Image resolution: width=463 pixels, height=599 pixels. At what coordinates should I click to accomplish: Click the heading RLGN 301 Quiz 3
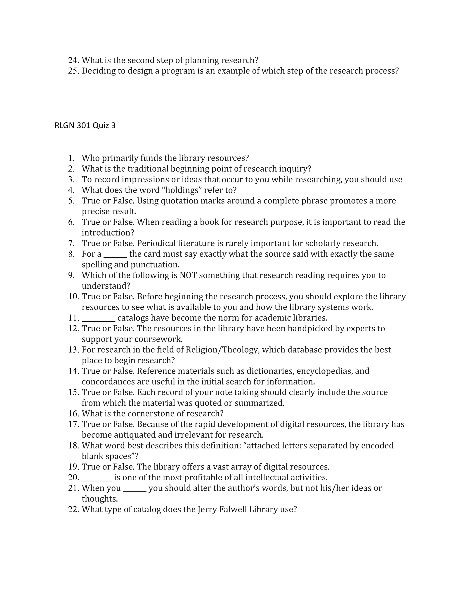click(x=85, y=126)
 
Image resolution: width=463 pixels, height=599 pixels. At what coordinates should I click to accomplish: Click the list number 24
click(x=73, y=60)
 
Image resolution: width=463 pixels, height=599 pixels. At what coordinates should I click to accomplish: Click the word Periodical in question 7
click(x=156, y=243)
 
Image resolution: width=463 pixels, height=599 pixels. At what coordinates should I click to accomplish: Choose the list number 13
click(x=73, y=350)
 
